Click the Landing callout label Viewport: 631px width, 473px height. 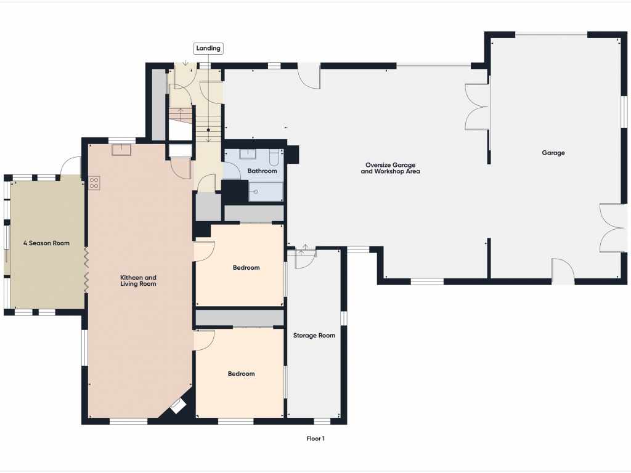pos(208,48)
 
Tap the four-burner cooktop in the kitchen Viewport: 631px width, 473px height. pos(94,183)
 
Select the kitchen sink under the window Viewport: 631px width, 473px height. pos(121,150)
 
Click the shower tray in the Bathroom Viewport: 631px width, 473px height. pos(266,192)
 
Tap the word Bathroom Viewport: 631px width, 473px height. pos(262,171)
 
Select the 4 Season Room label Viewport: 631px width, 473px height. pos(46,243)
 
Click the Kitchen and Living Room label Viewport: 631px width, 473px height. pos(138,281)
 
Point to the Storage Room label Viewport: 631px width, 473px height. pos(314,336)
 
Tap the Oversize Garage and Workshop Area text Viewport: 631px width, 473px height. pos(390,168)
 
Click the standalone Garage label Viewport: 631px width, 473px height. pos(553,153)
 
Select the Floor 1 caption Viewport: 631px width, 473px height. pos(315,439)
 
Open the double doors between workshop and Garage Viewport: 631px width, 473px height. pos(478,107)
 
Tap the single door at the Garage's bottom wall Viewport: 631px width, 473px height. pos(563,271)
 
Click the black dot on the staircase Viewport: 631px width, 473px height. pos(208,130)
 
